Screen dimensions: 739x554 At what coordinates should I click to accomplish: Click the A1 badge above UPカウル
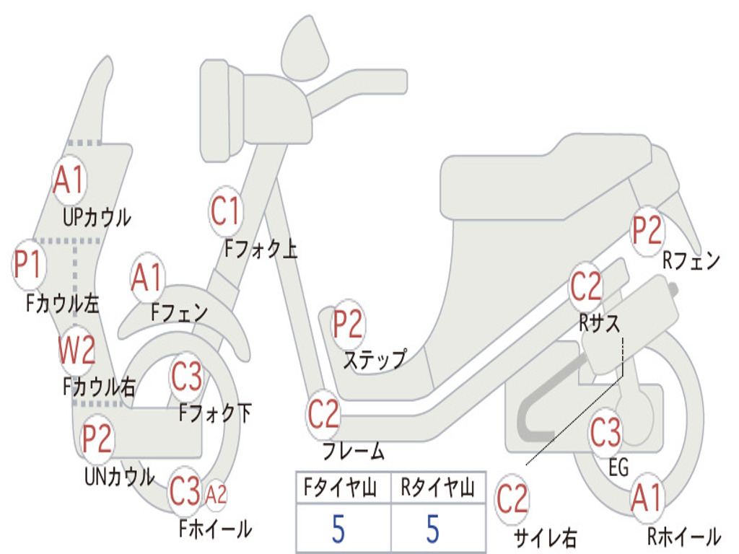coord(69,180)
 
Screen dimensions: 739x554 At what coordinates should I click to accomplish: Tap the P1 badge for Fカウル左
coord(29,265)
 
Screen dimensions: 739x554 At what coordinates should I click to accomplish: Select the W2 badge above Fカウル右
coord(76,351)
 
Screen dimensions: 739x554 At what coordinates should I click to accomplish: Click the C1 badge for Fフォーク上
coord(225,211)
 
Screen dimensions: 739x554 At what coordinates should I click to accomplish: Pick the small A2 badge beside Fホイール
coord(216,495)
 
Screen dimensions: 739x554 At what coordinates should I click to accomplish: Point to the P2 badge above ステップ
coord(348,325)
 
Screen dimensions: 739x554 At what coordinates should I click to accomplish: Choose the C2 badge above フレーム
coord(323,415)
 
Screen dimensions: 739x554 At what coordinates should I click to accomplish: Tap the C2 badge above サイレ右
coord(512,499)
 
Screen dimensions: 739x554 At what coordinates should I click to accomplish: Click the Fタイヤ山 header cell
coord(343,488)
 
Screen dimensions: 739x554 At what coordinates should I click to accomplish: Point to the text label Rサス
coord(599,324)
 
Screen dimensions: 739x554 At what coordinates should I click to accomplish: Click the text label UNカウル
coord(119,476)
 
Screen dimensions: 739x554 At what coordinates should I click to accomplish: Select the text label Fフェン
coord(179,312)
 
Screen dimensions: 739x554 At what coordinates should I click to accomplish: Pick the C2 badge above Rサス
coord(586,286)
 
